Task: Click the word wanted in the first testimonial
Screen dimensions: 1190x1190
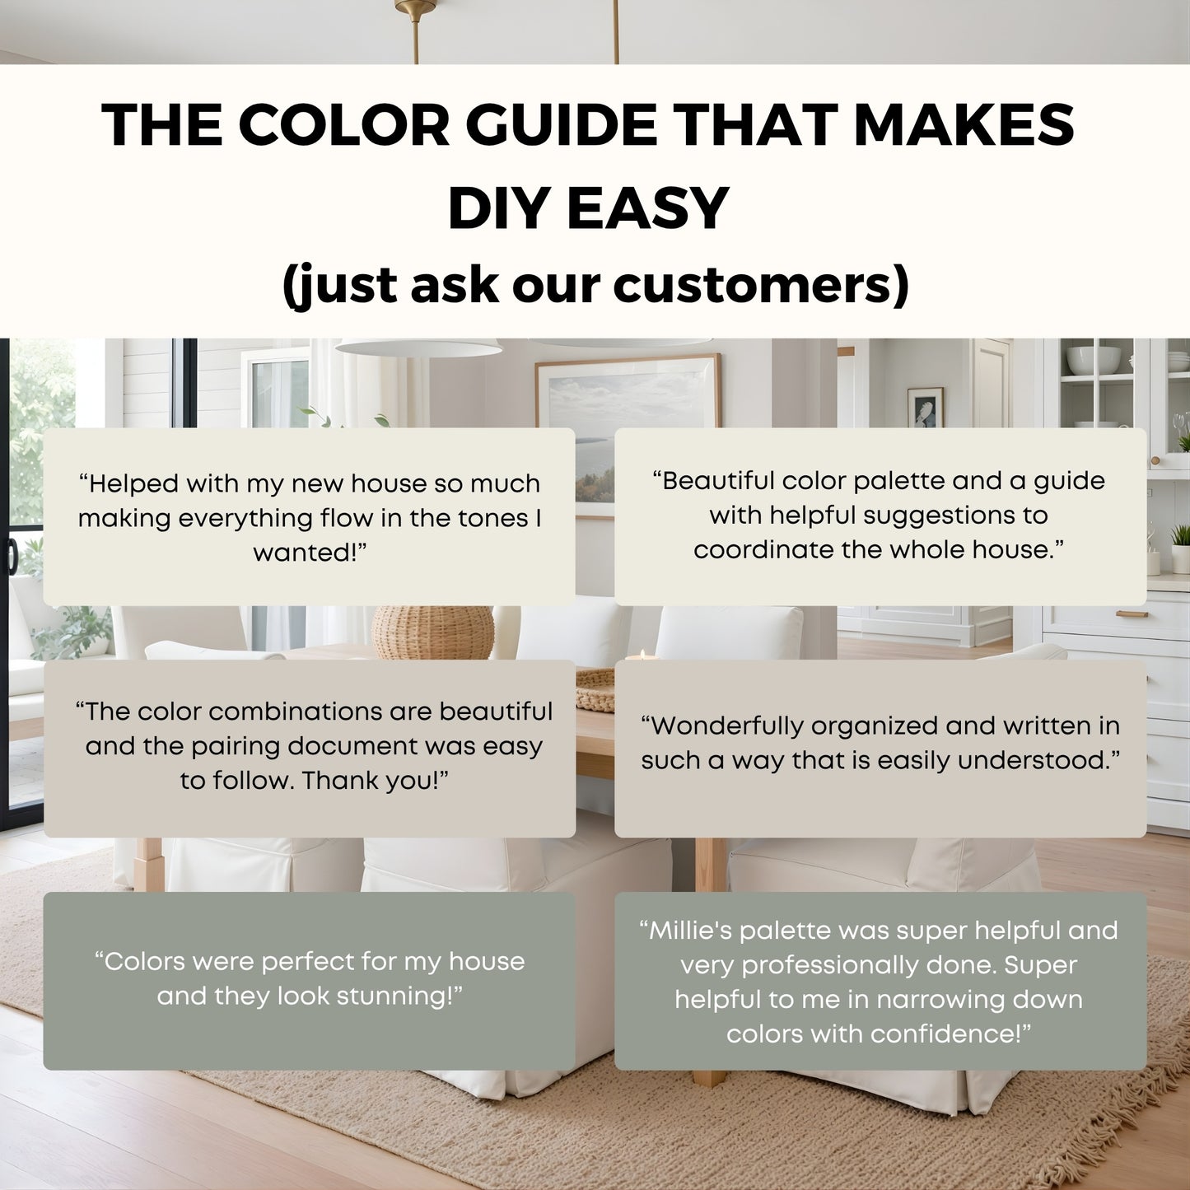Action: [x=304, y=552]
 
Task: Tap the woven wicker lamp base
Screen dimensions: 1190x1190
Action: [x=432, y=632]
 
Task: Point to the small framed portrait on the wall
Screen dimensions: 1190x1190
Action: [x=925, y=407]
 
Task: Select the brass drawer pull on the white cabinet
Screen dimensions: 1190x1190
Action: [x=1132, y=614]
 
